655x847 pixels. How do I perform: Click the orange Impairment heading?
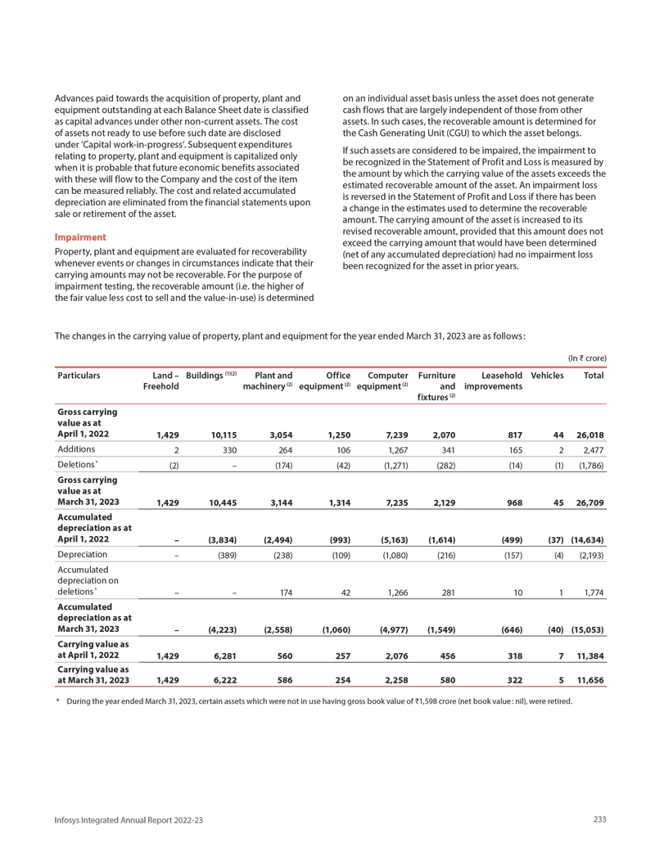point(80,237)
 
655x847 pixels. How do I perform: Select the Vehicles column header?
point(547,376)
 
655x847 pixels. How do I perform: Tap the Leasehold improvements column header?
point(493,381)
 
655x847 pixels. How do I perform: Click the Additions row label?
point(77,449)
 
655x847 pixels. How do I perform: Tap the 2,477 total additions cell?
point(594,449)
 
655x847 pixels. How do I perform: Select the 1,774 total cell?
point(594,592)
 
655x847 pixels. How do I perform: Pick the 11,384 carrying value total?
point(590,656)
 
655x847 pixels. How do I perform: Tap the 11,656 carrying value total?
point(590,680)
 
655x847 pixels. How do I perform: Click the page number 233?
point(599,819)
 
